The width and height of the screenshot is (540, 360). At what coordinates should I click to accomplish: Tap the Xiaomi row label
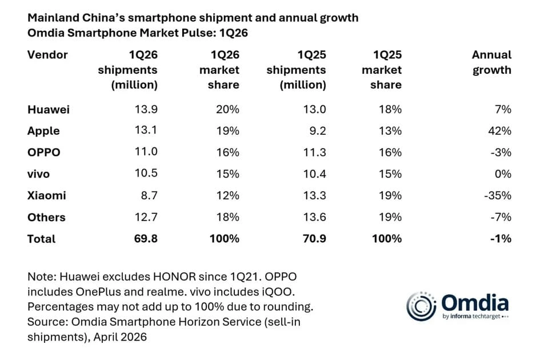(x=47, y=195)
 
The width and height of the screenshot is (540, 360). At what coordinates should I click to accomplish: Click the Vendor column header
(x=47, y=55)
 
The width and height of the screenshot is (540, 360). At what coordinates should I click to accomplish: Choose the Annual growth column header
(x=491, y=62)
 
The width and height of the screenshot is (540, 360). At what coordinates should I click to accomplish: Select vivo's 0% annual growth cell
(x=503, y=174)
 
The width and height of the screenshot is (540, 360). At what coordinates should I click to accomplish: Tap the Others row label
(x=46, y=217)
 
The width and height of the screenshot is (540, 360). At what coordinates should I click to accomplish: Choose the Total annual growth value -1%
(x=501, y=239)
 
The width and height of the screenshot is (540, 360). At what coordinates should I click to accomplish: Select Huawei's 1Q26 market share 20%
(x=228, y=109)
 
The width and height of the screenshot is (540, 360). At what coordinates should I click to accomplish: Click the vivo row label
(x=38, y=174)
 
